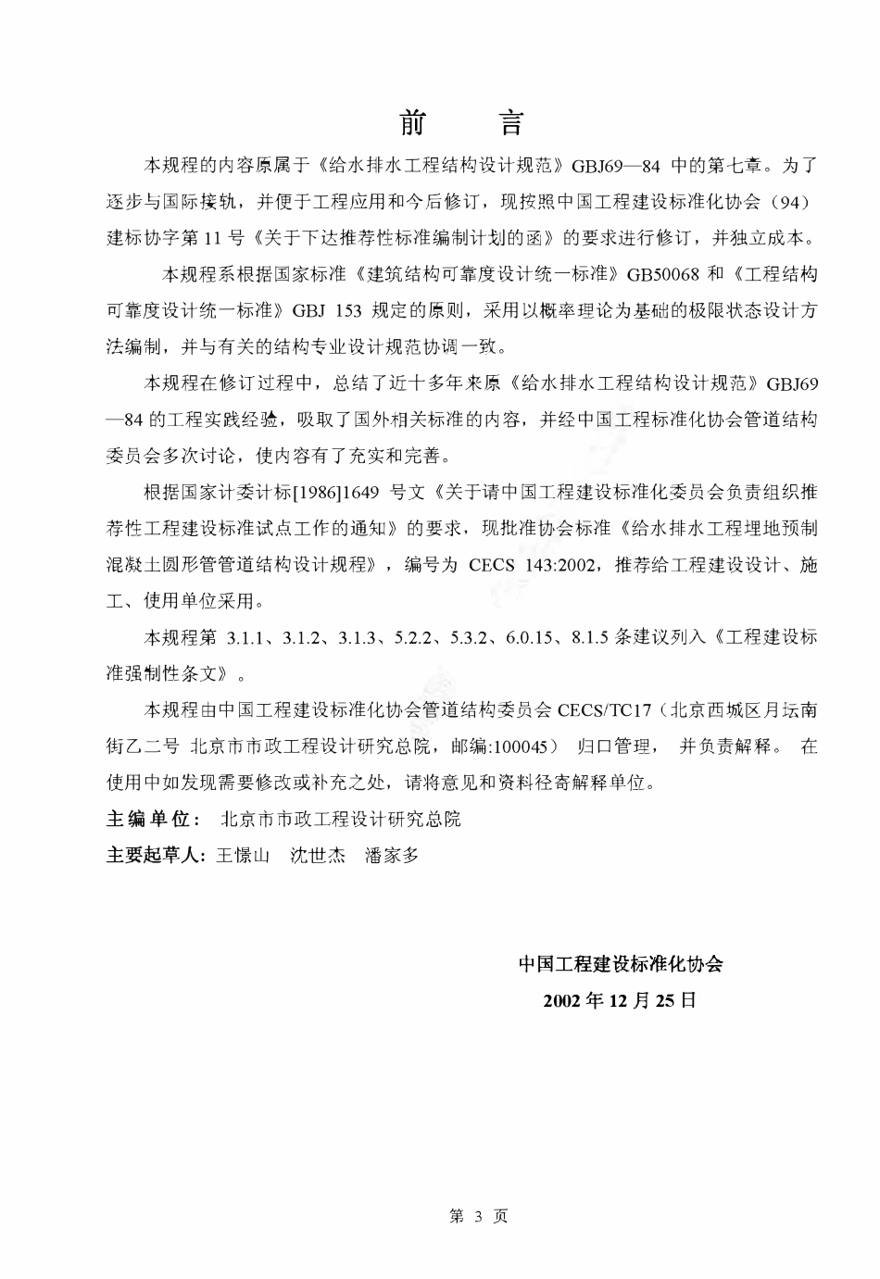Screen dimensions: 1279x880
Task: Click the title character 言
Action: [509, 123]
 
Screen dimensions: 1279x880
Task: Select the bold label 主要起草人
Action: [154, 855]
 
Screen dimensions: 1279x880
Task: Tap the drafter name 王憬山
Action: [243, 855]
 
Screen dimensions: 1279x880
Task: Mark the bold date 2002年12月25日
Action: [620, 1000]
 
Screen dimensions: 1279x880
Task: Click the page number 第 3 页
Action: [478, 1216]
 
